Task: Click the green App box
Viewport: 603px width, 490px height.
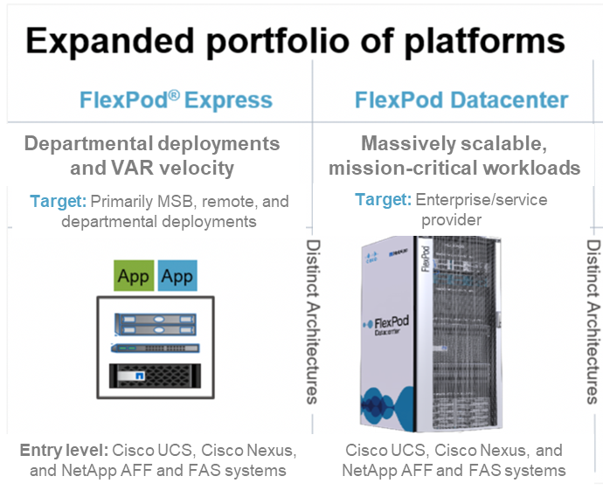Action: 135,277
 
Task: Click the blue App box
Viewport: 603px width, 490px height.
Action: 177,277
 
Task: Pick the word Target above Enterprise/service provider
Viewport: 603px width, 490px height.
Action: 383,200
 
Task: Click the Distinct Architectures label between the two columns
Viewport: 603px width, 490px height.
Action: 312,322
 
